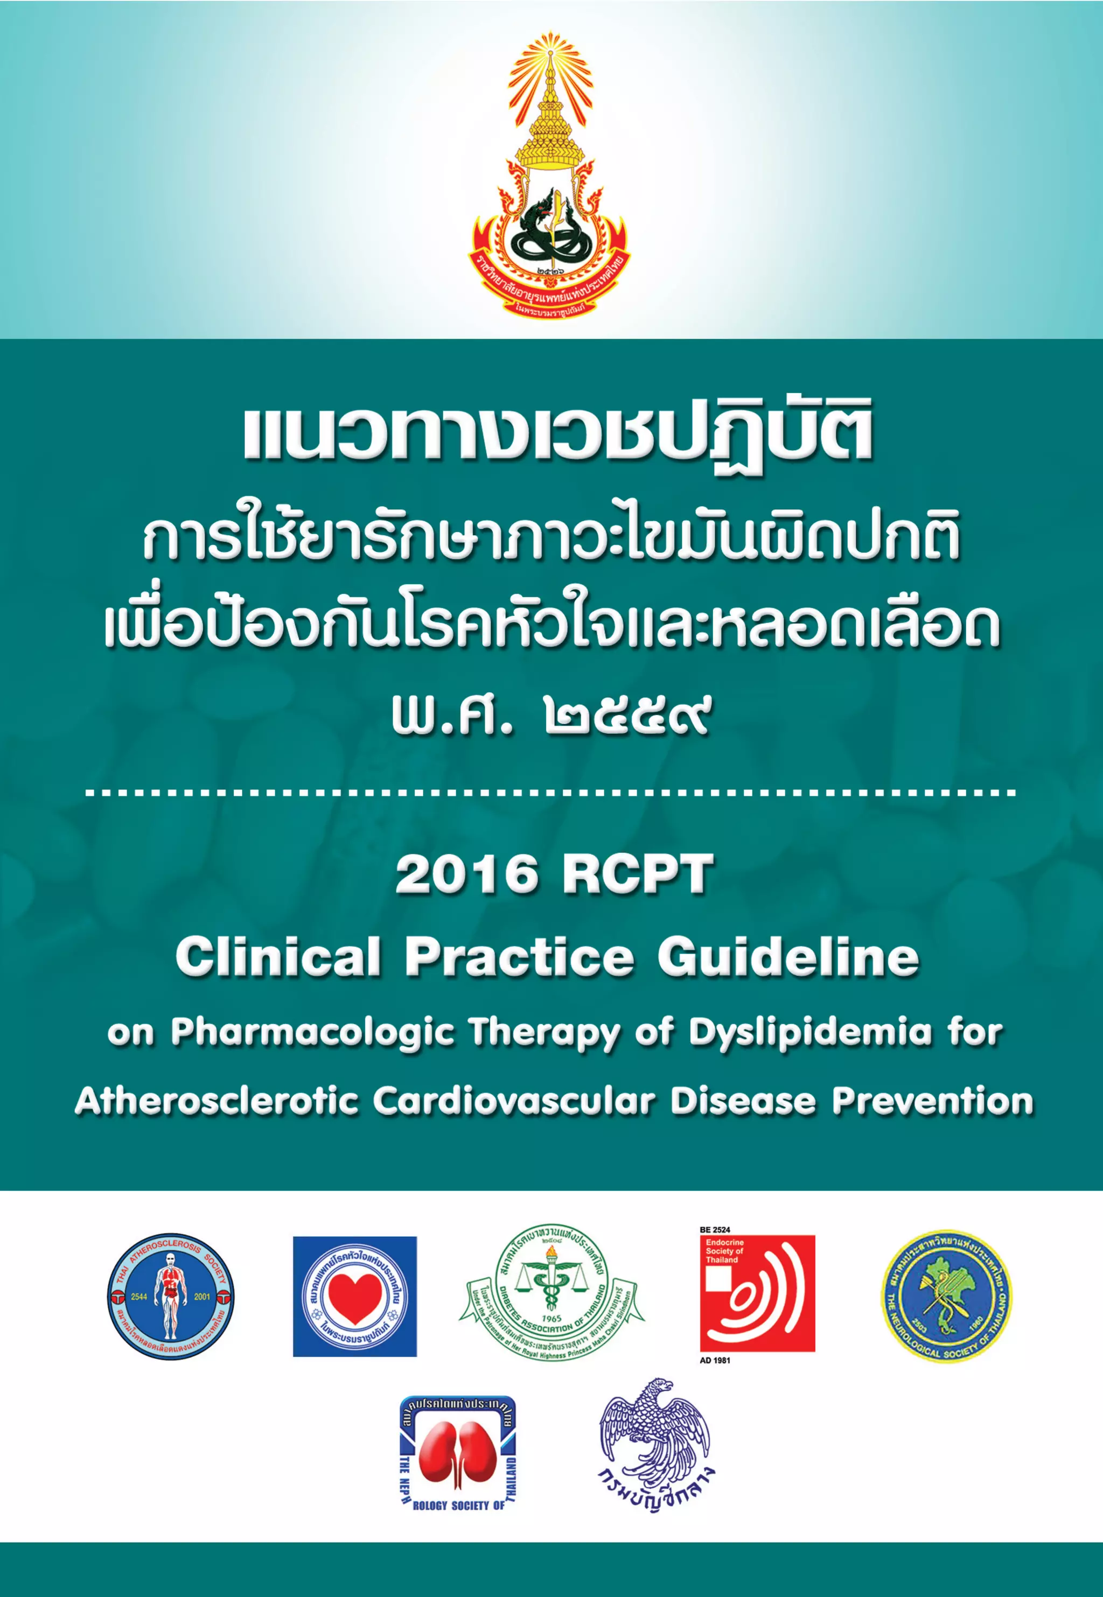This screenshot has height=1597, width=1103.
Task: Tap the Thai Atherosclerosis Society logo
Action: pos(171,1297)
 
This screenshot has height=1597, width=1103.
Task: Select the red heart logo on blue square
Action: pos(354,1297)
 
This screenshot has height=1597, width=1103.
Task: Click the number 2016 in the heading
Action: pos(466,874)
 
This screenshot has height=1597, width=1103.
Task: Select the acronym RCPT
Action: pos(637,874)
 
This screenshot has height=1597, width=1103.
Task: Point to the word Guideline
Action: pos(788,957)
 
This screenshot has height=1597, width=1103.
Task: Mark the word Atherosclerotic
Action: pos(217,1101)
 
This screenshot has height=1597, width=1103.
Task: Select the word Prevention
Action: pos(932,1101)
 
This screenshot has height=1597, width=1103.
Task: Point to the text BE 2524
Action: pos(715,1230)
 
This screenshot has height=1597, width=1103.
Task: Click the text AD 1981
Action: pos(715,1360)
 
